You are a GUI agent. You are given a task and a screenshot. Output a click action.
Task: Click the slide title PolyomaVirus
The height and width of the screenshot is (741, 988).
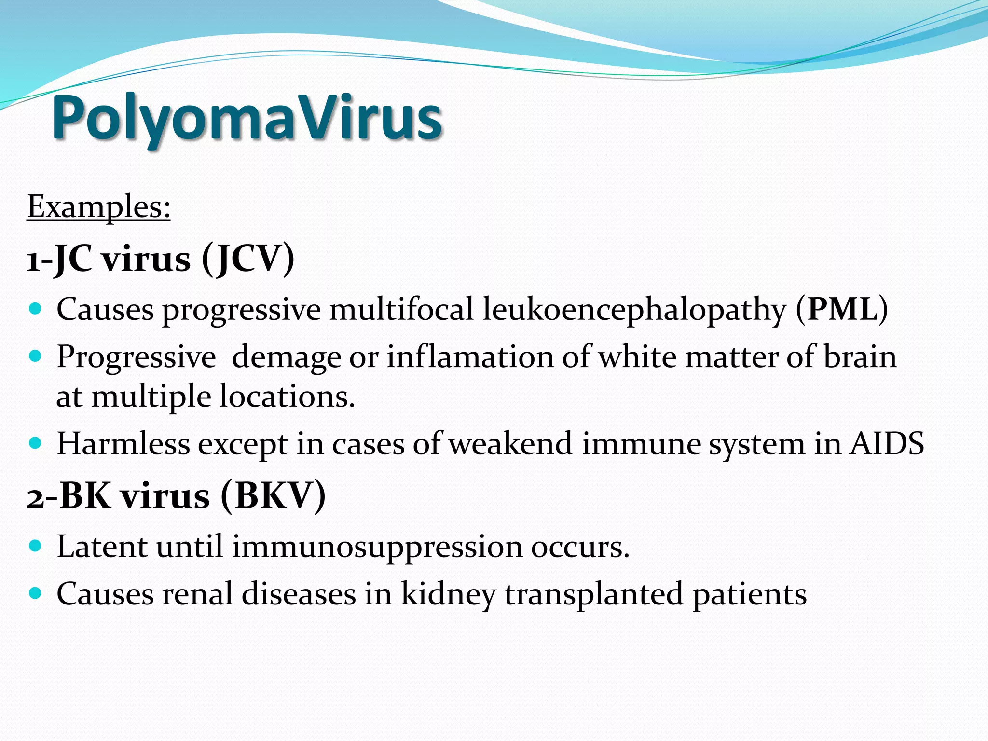[x=247, y=118]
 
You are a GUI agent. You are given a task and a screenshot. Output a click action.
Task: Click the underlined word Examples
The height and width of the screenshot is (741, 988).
[x=98, y=206]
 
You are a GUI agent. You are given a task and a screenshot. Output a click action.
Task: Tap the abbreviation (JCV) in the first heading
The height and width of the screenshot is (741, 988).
[x=248, y=259]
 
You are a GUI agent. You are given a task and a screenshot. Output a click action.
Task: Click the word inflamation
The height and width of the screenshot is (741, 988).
[x=470, y=357]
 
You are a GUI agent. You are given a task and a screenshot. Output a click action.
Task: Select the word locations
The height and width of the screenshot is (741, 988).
[x=288, y=397]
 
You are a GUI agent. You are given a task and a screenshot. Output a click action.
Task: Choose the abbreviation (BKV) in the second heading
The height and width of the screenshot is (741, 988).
[x=273, y=496]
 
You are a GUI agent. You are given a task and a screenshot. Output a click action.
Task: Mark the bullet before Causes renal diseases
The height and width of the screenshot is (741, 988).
[x=35, y=592]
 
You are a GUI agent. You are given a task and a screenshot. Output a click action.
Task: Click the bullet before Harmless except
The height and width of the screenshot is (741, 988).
[x=35, y=442]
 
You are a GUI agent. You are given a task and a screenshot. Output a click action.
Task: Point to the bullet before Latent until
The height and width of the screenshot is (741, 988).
[x=35, y=546]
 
